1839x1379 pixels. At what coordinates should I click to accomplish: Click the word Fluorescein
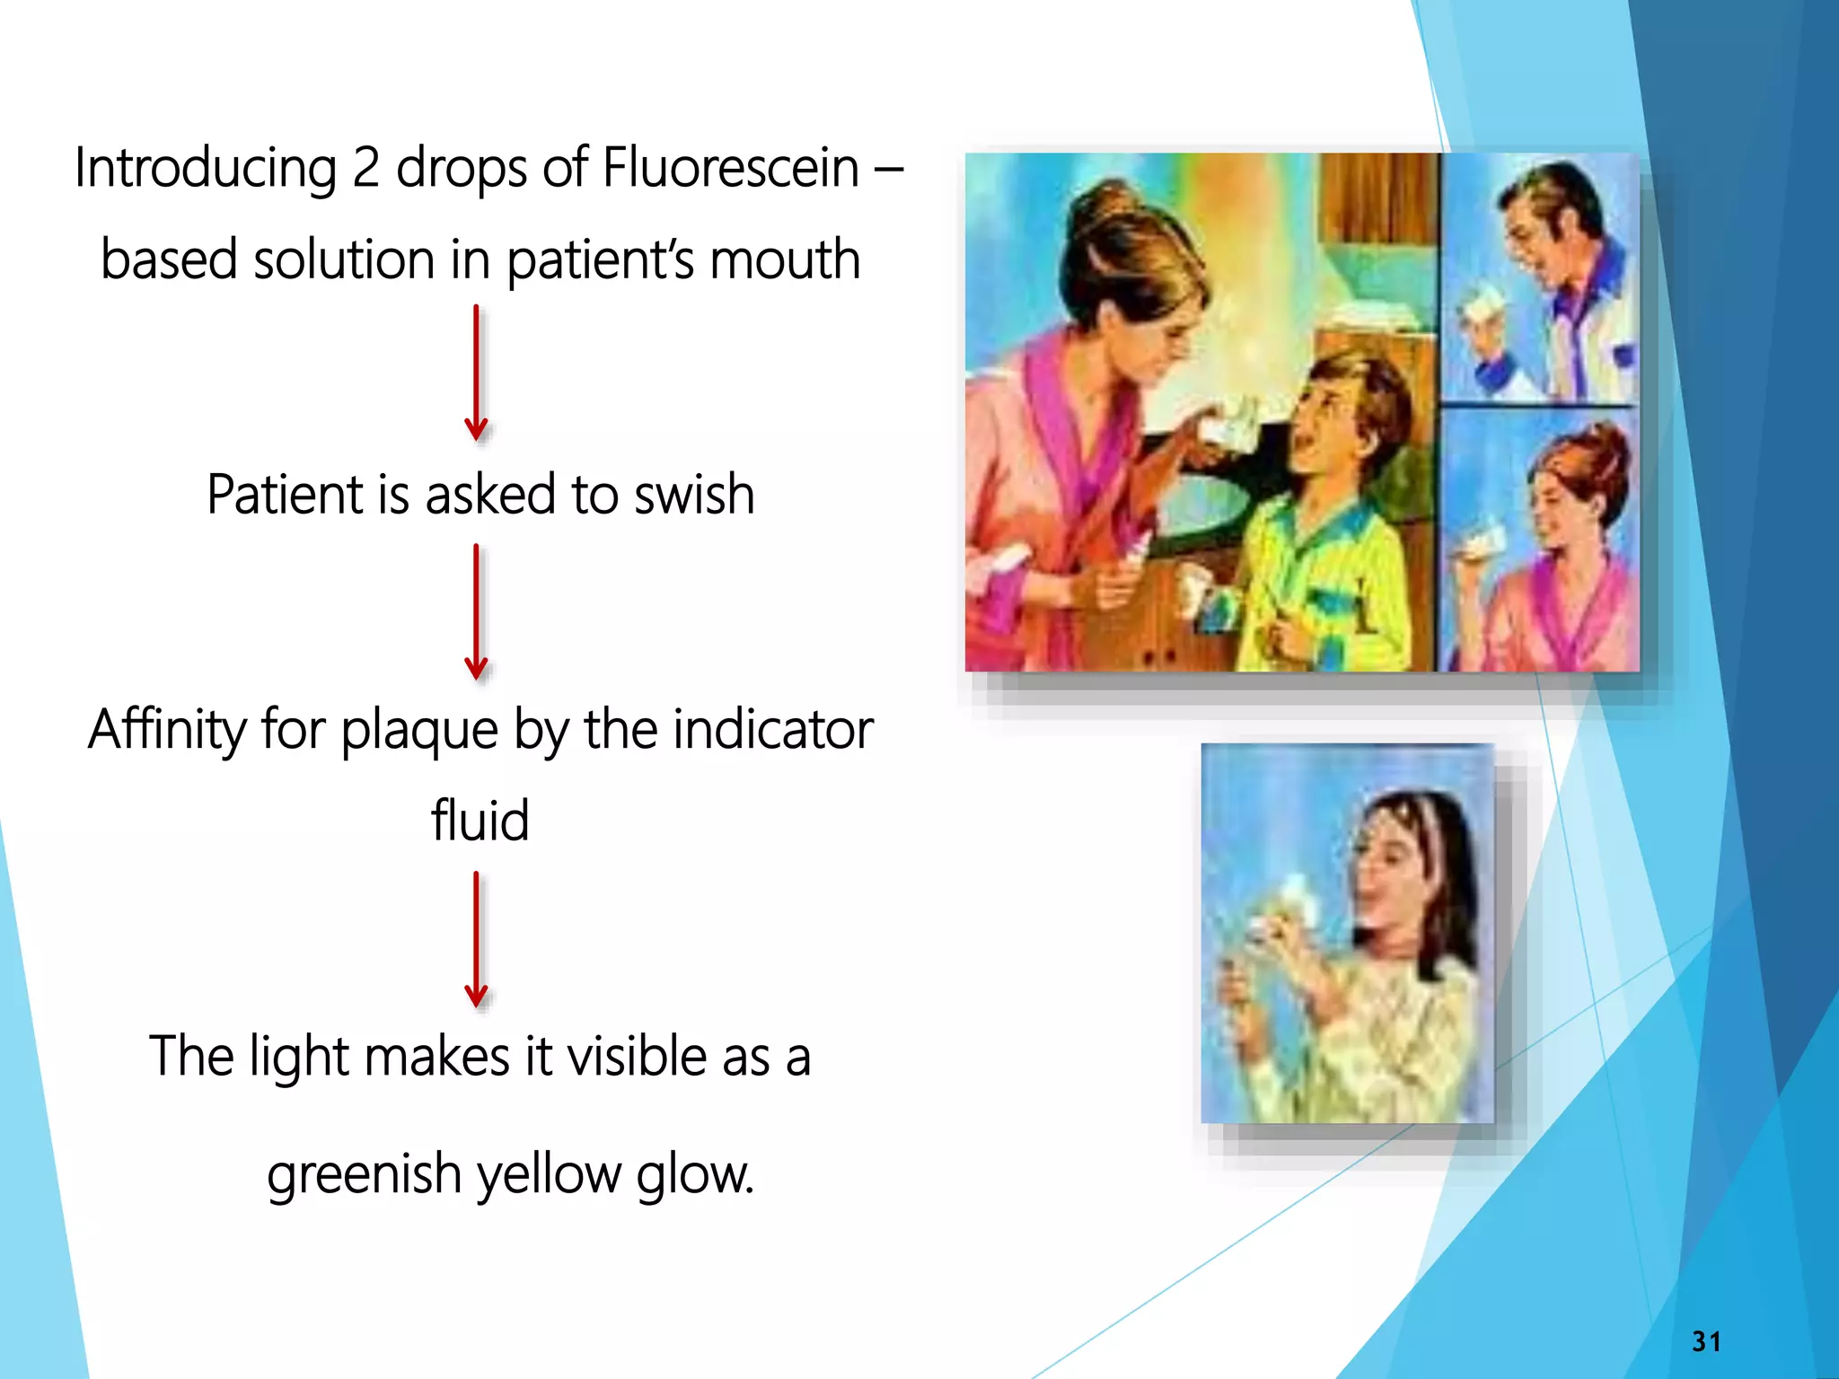coord(730,168)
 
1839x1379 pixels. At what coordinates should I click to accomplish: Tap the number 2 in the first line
coord(365,168)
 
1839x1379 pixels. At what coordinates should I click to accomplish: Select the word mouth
coord(785,259)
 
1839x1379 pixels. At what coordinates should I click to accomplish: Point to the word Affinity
coord(166,729)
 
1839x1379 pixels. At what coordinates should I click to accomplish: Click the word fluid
coord(480,820)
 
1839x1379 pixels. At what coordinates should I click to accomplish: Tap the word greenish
coord(364,1174)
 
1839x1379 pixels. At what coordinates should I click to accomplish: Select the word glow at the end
coord(694,1174)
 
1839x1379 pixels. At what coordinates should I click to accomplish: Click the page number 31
coord(1706,1341)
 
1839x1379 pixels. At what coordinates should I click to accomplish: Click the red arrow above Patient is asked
coord(476,373)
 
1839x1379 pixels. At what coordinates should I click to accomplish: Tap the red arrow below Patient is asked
coord(476,611)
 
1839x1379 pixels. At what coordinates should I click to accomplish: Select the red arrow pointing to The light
coord(476,939)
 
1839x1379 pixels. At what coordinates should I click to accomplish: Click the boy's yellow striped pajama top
coord(1320,575)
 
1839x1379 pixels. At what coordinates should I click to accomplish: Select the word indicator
coord(773,729)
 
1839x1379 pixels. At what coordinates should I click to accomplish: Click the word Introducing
coord(206,168)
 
